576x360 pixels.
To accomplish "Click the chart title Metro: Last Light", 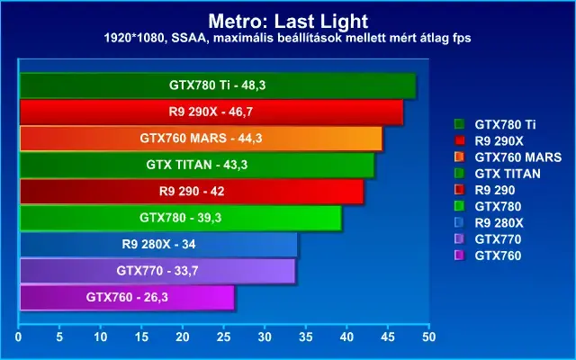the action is tap(288, 21).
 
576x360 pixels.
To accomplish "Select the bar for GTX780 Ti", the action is tap(218, 85).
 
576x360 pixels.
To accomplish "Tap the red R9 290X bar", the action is tap(211, 112).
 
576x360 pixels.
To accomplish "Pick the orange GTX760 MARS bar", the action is tap(201, 139).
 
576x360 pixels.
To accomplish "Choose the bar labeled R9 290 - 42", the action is tap(192, 192).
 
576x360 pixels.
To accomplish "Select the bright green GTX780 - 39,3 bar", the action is tap(181, 218).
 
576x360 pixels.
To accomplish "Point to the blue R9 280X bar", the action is tap(158, 244).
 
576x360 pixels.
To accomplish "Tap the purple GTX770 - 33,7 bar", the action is tap(157, 271).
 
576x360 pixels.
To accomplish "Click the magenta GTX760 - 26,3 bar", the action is tap(127, 297).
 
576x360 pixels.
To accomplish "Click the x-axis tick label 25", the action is tap(224, 337).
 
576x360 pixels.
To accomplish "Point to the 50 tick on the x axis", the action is tap(428, 337).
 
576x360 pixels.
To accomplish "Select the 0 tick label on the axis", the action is tap(18, 337).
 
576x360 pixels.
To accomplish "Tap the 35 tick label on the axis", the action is tap(306, 337).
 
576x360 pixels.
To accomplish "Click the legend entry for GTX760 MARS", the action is tap(508, 157).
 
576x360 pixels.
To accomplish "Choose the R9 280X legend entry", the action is tap(489, 223).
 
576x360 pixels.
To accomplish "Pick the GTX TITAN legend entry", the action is tap(498, 174).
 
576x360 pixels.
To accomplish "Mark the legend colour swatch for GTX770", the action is tap(459, 239).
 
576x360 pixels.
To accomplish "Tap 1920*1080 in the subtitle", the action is tap(134, 38).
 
